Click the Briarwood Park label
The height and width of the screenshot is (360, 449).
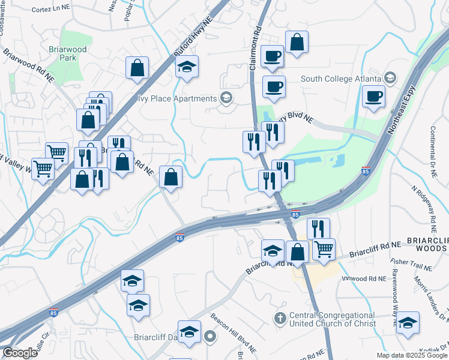(63, 53)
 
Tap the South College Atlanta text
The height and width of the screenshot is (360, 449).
(341, 79)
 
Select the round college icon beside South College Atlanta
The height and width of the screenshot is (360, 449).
(390, 78)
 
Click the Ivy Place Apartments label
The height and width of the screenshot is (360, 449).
(177, 98)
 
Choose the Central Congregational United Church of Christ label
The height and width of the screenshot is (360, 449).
(332, 319)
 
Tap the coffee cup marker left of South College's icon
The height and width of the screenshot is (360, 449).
(373, 97)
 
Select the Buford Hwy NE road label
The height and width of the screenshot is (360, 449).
(193, 37)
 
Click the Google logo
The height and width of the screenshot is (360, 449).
(20, 353)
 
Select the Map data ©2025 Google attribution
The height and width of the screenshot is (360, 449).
(411, 355)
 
